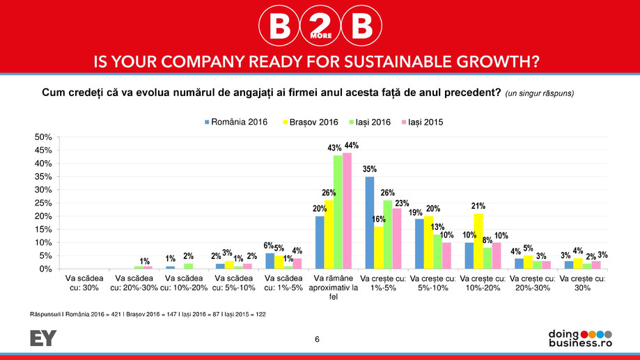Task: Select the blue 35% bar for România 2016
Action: [x=370, y=223]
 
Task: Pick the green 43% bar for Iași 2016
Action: [x=338, y=212]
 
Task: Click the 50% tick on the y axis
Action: [x=43, y=137]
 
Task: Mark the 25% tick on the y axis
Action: [x=43, y=203]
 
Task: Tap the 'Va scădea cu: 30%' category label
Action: [x=83, y=283]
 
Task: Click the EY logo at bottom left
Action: [x=43, y=338]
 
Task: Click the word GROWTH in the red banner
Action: [x=488, y=61]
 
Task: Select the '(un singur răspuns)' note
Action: [x=540, y=93]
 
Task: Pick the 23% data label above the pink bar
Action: [x=402, y=203]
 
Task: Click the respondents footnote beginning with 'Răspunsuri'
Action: [x=148, y=315]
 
